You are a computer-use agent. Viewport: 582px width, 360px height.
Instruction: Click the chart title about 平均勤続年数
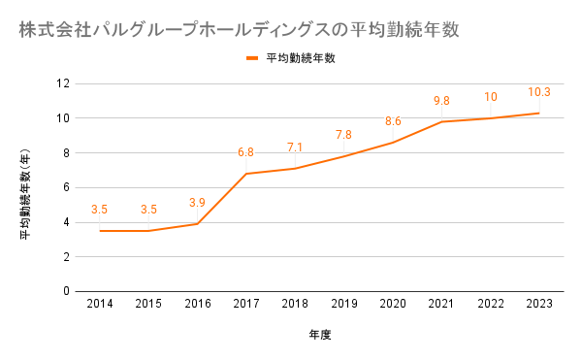pos(239,30)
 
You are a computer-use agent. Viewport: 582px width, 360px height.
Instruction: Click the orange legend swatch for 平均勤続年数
pos(252,58)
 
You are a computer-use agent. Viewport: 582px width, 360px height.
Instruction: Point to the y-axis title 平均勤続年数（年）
pos(25,194)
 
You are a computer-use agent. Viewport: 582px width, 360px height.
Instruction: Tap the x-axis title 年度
pos(319,335)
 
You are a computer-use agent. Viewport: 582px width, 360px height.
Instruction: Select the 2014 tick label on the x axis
pos(100,304)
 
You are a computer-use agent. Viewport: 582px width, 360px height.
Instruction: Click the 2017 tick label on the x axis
pos(246,304)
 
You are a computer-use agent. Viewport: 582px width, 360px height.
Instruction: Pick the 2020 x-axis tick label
pos(393,304)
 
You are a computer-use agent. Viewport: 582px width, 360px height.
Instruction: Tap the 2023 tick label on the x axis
pos(539,304)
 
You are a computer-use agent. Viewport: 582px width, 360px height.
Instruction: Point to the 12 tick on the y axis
pos(63,83)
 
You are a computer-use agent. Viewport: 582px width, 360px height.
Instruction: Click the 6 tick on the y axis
pos(66,187)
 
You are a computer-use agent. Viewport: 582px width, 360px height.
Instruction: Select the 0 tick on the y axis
pos(66,291)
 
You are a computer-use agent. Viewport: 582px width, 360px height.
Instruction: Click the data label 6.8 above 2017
pos(245,152)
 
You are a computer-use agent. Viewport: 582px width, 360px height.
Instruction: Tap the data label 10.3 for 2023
pos(539,92)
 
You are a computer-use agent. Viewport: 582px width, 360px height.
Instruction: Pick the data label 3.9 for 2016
pos(197,203)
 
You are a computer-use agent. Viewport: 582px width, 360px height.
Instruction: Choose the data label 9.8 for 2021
pos(441,101)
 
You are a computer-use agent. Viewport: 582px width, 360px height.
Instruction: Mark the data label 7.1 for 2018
pos(295,147)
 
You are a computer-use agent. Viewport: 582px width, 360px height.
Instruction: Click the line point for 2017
pos(246,174)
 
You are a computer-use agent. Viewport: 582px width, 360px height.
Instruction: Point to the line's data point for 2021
pos(441,121)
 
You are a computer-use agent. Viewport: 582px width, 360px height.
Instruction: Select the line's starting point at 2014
pos(100,231)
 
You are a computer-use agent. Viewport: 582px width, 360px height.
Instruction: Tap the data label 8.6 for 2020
pos(393,121)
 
